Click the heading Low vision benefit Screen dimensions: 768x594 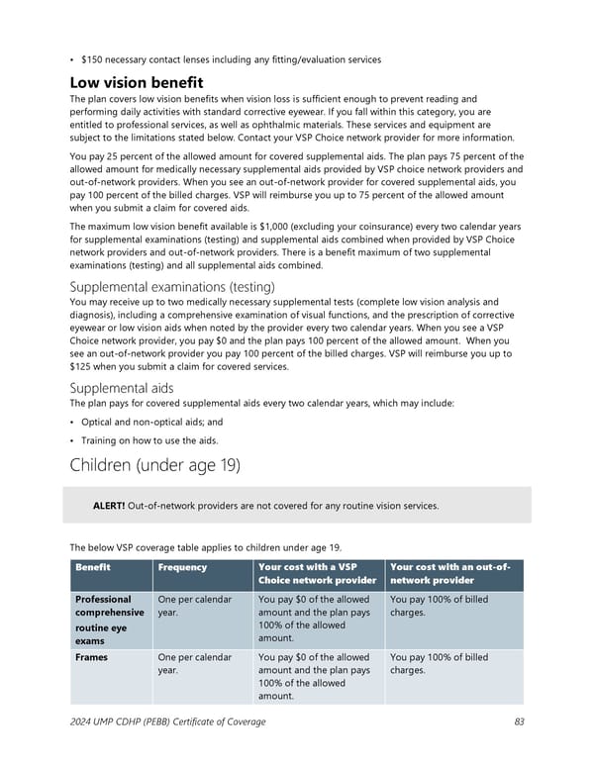[x=136, y=82]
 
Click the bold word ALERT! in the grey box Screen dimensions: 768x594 [x=108, y=506]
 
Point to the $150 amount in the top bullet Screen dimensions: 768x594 [x=95, y=59]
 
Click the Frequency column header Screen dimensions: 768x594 [x=182, y=567]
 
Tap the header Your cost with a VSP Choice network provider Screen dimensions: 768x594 [x=316, y=574]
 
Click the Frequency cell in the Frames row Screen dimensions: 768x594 [x=195, y=663]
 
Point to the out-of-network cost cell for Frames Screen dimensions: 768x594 [x=439, y=663]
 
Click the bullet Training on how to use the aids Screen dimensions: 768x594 [x=150, y=440]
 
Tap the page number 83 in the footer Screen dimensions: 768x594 [x=519, y=721]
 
